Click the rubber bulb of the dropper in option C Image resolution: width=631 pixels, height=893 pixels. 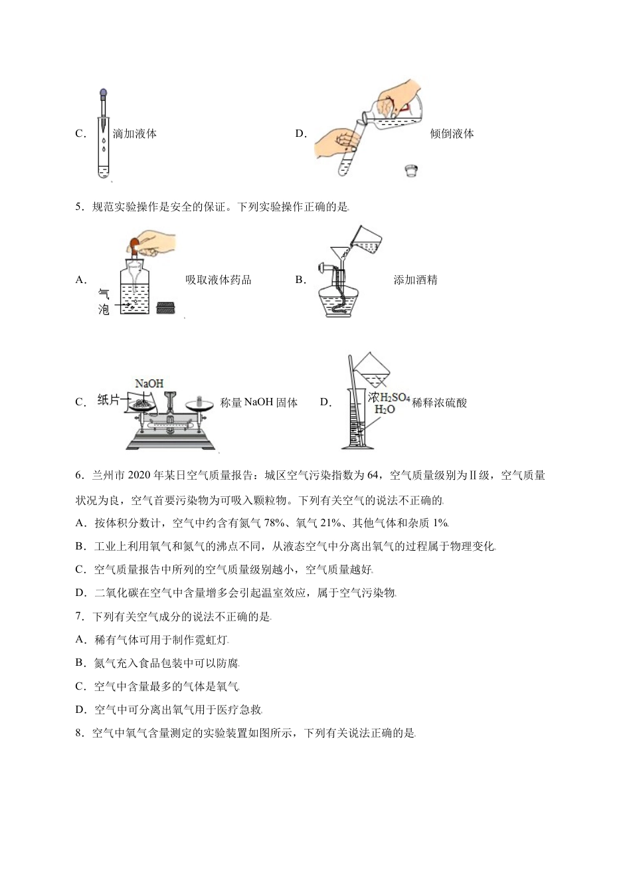[x=102, y=94]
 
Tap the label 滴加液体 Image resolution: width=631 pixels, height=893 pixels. [x=135, y=134]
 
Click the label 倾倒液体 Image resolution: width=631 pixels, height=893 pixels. [x=452, y=134]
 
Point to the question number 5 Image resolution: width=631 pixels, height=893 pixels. [x=79, y=207]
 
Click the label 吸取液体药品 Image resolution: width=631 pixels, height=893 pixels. [x=219, y=280]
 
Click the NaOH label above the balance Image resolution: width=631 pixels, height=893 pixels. [x=149, y=383]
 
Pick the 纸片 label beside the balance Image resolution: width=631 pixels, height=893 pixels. [x=109, y=400]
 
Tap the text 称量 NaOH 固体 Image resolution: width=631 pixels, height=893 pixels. [x=258, y=402]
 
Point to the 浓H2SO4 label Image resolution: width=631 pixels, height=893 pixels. [x=389, y=397]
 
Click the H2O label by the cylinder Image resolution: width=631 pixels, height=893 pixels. [x=385, y=409]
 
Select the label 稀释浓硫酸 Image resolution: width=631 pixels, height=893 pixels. [x=439, y=402]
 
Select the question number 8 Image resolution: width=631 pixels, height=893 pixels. [x=79, y=733]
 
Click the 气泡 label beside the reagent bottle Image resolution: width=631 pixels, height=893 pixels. [x=104, y=302]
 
